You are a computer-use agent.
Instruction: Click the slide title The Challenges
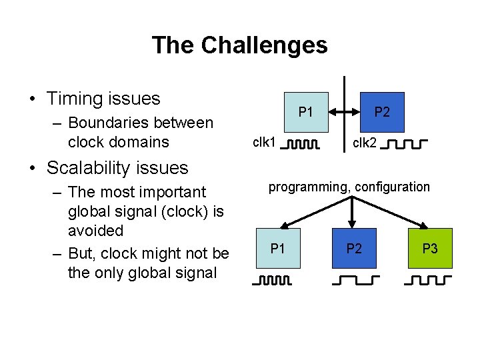[x=239, y=45]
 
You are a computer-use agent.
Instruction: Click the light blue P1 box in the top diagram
[x=305, y=111]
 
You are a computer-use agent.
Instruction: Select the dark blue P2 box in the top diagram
[x=381, y=111]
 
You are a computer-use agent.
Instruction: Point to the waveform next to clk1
[x=299, y=143]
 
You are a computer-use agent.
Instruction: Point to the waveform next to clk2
[x=406, y=143]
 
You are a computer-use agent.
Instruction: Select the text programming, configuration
[x=349, y=187]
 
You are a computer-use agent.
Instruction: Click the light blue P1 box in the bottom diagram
[x=278, y=249]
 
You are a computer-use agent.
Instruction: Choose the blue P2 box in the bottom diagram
[x=353, y=249]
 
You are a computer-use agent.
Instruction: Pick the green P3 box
[x=429, y=249]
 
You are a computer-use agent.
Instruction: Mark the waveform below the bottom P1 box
[x=272, y=281]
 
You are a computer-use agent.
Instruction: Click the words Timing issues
[x=103, y=99]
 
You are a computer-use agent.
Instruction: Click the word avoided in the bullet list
[x=95, y=231]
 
